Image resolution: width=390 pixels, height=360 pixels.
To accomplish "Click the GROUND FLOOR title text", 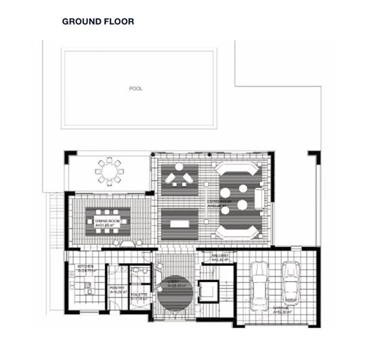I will click(x=98, y=22).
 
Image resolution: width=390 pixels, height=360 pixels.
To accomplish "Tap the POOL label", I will click(x=137, y=88).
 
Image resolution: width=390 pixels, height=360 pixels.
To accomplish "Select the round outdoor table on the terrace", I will click(x=110, y=171).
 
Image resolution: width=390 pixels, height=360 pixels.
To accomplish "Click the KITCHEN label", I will click(x=87, y=268).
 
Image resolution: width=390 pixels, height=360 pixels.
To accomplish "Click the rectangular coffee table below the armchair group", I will click(x=179, y=223).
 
